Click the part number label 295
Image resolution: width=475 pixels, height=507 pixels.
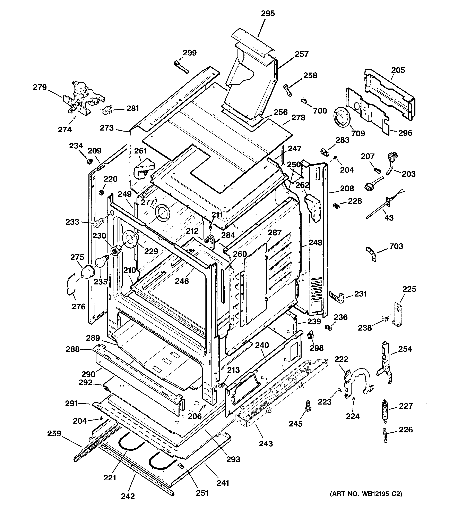(x=268, y=14)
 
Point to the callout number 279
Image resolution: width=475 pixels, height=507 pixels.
(x=40, y=87)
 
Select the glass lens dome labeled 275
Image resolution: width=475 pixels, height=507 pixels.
(x=87, y=272)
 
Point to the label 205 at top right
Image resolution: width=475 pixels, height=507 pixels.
(x=398, y=70)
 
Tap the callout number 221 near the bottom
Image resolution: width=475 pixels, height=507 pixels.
(x=110, y=477)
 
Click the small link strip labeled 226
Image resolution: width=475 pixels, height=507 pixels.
(x=386, y=436)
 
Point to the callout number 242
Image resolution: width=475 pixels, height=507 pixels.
(x=128, y=496)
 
